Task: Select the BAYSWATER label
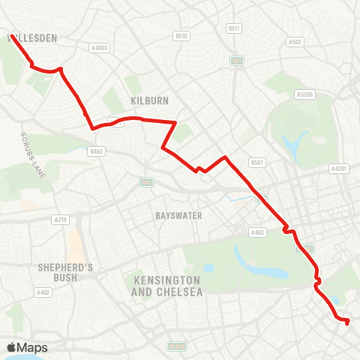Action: (178, 215)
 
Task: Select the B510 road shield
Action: (181, 35)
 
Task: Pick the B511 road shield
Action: (234, 28)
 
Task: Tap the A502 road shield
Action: (295, 43)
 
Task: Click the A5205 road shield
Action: (304, 94)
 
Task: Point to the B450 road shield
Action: (95, 151)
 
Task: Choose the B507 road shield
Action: (257, 162)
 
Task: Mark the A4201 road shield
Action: (339, 169)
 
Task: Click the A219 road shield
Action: (61, 219)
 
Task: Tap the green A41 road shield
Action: (237, 61)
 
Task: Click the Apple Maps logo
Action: (28, 347)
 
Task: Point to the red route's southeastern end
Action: (347, 322)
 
